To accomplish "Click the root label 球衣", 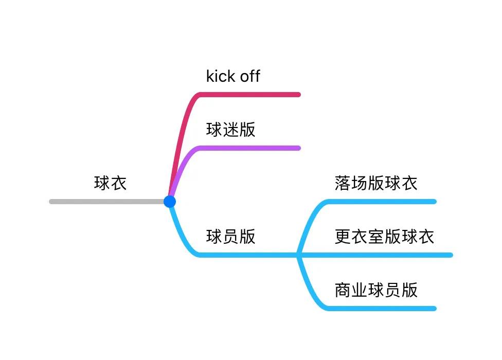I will tap(110, 183).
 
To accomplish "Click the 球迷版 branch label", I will tap(230, 130).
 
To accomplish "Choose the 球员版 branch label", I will tap(230, 237).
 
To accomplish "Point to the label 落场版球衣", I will tap(375, 183).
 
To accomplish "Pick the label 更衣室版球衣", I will tap(384, 237).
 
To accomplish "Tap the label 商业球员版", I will tap(375, 290).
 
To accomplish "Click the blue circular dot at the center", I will tap(170, 202).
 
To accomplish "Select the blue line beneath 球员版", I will tap(247, 255).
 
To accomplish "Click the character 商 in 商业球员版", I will tap(343, 290).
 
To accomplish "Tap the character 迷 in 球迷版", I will tap(230, 130).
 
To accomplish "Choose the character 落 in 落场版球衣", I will tap(343, 183).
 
